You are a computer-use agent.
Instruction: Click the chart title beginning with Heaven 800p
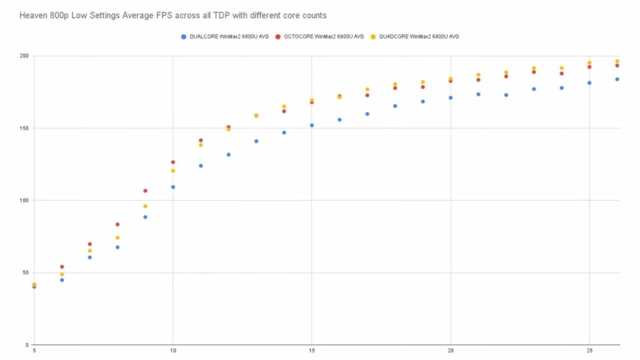pos(165,14)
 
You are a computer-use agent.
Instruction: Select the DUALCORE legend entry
pos(229,36)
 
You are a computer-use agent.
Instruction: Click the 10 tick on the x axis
pos(173,352)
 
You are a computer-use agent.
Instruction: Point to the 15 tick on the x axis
pos(311,352)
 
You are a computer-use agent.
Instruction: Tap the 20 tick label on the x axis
pos(450,352)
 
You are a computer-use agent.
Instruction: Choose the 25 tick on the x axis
pos(589,352)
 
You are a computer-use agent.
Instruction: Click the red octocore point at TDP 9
pos(145,191)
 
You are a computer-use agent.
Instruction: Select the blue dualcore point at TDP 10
pos(173,187)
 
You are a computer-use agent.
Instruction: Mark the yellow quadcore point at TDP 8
pos(117,237)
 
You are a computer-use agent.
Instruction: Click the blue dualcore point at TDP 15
pos(311,125)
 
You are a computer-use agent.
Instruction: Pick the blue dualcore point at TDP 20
pos(450,97)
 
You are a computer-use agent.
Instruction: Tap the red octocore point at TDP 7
pos(90,244)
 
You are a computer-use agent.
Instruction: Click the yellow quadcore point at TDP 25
pos(589,62)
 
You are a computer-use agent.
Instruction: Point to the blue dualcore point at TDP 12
pos(228,154)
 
